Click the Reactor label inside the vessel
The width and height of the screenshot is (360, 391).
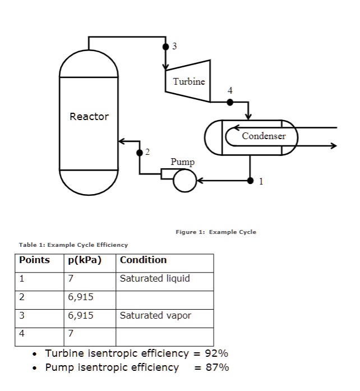(x=89, y=117)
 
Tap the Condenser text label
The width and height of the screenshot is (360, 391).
(x=264, y=136)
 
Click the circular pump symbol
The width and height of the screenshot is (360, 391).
(x=184, y=180)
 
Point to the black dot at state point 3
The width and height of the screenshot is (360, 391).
(x=166, y=46)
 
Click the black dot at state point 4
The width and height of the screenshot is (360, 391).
(x=229, y=102)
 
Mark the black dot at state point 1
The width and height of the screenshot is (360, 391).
(x=250, y=181)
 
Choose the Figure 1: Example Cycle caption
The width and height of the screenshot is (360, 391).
(x=215, y=232)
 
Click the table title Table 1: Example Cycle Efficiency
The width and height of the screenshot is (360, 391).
(x=73, y=245)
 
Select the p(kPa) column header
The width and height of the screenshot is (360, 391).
(x=85, y=260)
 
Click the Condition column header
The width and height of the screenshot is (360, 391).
(x=143, y=260)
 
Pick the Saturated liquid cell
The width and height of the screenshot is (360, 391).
(x=155, y=278)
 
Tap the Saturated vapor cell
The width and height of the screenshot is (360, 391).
(x=155, y=315)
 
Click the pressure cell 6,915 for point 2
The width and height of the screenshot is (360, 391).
(x=81, y=297)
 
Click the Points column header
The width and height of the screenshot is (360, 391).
(x=34, y=260)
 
